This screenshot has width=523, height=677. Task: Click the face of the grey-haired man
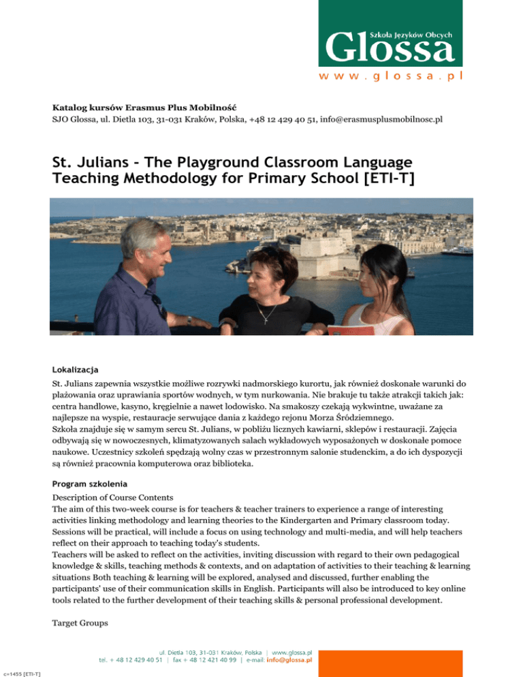[x=150, y=248]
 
